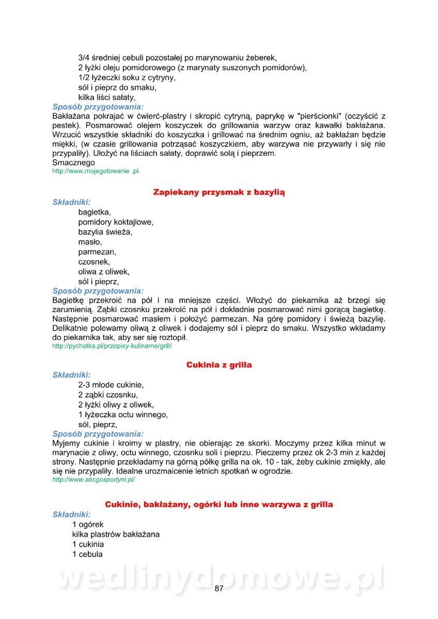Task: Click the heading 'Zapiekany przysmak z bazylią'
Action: pyautogui.click(x=219, y=192)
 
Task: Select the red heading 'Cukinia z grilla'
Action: pyautogui.click(x=219, y=365)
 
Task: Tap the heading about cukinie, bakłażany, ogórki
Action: pyautogui.click(x=219, y=504)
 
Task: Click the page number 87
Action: pyautogui.click(x=219, y=589)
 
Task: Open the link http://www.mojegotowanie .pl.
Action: pyautogui.click(x=96, y=171)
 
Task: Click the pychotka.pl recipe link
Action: pyautogui.click(x=112, y=346)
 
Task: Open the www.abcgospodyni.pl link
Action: pyautogui.click(x=93, y=479)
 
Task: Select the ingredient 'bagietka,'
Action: pyautogui.click(x=95, y=212)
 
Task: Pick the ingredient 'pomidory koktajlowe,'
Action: pyautogui.click(x=116, y=222)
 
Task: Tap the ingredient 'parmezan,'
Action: pyautogui.click(x=97, y=252)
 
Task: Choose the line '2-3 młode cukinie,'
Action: pyautogui.click(x=111, y=385)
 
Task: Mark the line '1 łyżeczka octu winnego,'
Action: pyautogui.click(x=123, y=414)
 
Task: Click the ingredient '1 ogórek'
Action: pyautogui.click(x=88, y=525)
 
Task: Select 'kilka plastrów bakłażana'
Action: pyautogui.click(x=116, y=534)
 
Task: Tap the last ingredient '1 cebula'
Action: pyautogui.click(x=87, y=554)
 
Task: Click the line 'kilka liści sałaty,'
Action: pyautogui.click(x=107, y=97)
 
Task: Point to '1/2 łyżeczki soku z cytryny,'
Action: pyautogui.click(x=127, y=77)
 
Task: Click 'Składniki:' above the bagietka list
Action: pyautogui.click(x=71, y=202)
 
